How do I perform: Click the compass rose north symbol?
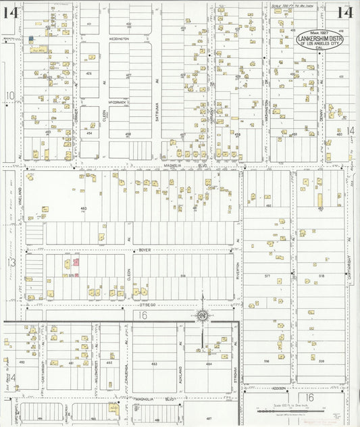202,316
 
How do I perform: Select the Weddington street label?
119,39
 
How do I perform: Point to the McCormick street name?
119,102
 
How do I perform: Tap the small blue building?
31,39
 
